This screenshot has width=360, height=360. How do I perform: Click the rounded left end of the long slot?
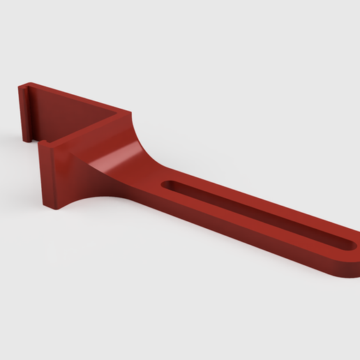tap(168, 186)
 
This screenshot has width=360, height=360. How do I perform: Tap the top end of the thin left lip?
tap(23, 88)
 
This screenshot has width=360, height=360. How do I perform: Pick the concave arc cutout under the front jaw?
tap(91, 199)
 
